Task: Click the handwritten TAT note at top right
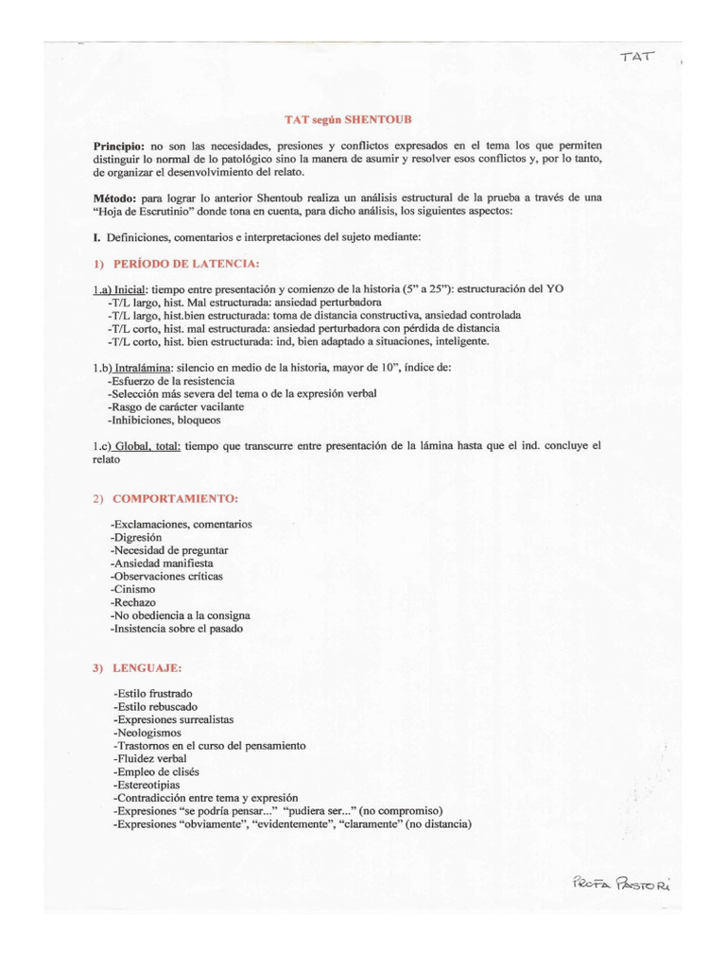[x=639, y=58]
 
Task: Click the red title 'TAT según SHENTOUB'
[x=348, y=120]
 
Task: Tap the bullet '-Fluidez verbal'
[x=149, y=758]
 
